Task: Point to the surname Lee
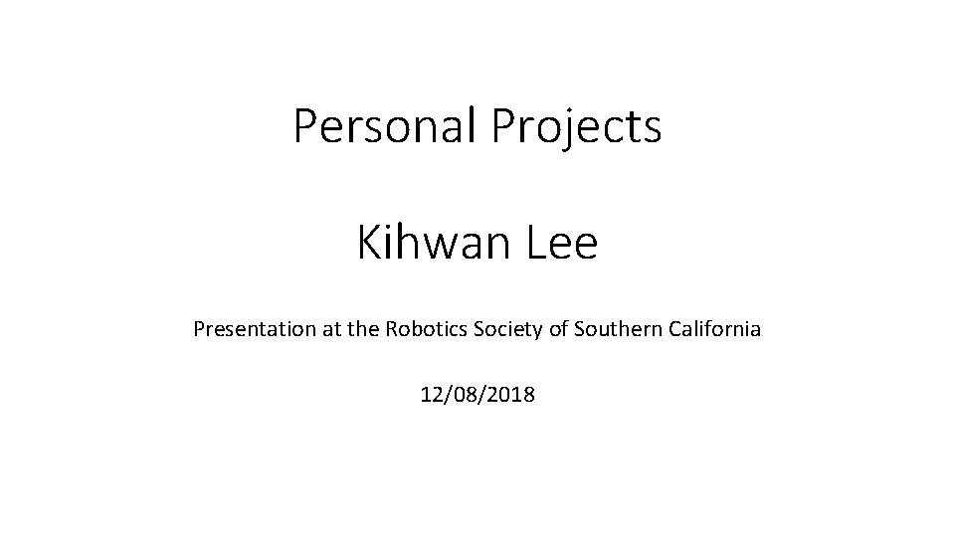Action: (x=565, y=244)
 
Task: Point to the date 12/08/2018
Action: (x=477, y=395)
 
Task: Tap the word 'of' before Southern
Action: (x=556, y=328)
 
